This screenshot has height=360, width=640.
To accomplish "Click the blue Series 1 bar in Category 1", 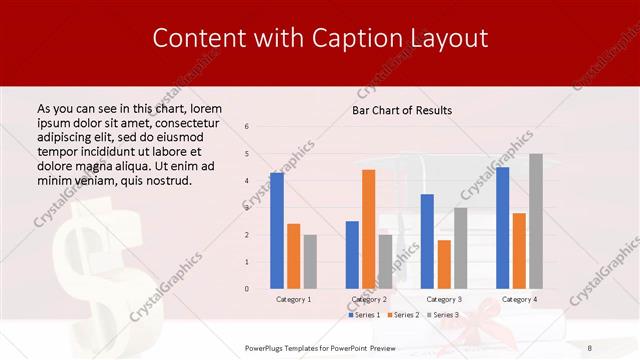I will [277, 231].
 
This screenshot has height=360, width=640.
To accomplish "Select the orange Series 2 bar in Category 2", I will [368, 229].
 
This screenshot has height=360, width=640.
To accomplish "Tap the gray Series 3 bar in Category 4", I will [536, 221].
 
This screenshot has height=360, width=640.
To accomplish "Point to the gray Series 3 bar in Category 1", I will [310, 262].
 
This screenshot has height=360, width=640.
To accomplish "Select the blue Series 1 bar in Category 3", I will [427, 241].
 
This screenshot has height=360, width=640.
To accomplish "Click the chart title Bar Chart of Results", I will [402, 110].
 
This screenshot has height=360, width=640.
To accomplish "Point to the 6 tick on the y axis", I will [247, 127].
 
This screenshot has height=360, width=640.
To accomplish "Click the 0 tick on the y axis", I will [247, 289].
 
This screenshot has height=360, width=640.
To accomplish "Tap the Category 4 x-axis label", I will [519, 299].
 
